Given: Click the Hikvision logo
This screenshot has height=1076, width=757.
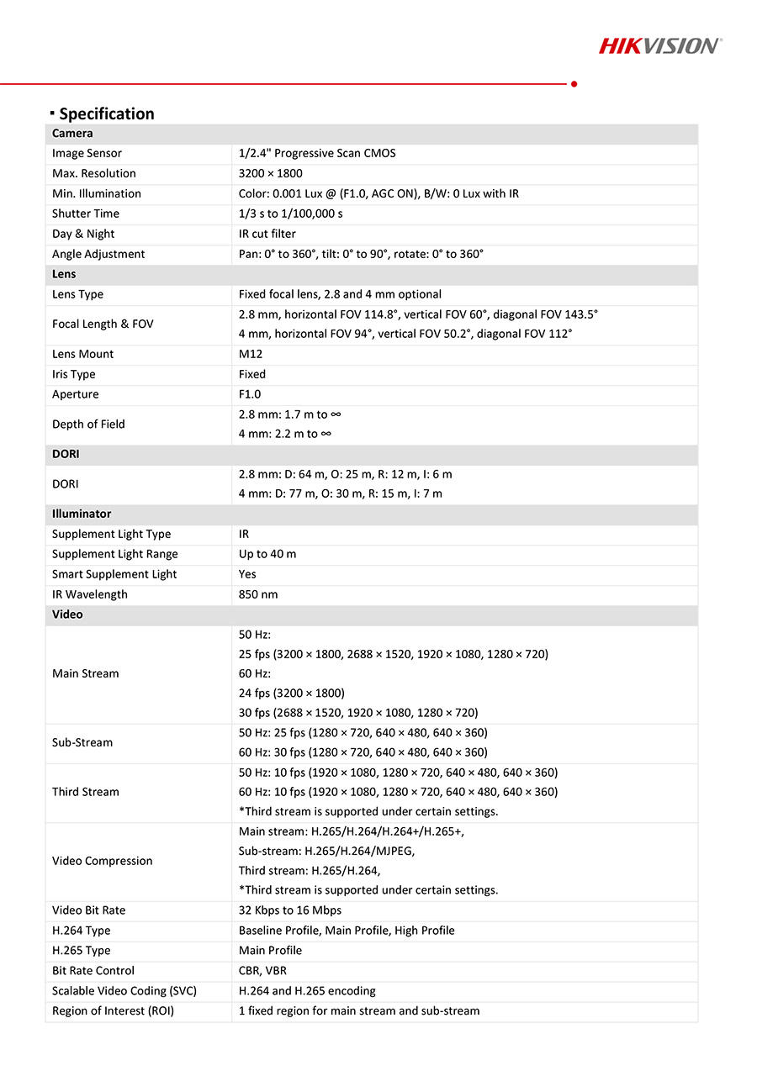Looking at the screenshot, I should coord(660,45).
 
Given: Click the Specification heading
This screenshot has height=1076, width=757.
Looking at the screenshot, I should coord(106,113).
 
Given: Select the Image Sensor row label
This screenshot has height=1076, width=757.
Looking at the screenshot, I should coord(87,153).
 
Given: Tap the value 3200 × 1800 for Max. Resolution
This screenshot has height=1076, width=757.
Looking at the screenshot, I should coord(270,173).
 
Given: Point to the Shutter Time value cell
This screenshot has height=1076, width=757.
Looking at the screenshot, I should coord(290,214).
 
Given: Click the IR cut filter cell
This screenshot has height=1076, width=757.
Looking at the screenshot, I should coord(267,234).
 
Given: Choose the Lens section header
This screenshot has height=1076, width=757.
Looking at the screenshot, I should coord(64,274).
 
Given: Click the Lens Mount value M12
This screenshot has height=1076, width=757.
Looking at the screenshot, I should coord(251,354).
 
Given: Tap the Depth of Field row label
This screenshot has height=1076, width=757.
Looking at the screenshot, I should coord(88,425).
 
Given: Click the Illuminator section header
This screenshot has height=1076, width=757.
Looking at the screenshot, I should coord(82,514).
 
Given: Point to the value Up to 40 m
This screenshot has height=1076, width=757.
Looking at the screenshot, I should coord(267,554).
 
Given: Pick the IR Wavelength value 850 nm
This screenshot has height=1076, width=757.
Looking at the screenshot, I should coord(258,594).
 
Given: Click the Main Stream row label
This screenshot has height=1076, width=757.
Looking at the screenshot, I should coord(86,673).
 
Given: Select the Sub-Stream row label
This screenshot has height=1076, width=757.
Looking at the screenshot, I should coord(82,742).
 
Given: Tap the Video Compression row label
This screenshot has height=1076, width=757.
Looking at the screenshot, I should coord(103,861).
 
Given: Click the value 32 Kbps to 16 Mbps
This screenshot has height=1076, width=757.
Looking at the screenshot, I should coord(290,910).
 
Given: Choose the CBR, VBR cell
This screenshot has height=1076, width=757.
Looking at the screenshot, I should coord(262,971).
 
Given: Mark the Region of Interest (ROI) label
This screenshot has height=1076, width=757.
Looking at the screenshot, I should coord(113,1011).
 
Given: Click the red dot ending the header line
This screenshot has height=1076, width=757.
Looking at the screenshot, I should coord(574,83).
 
